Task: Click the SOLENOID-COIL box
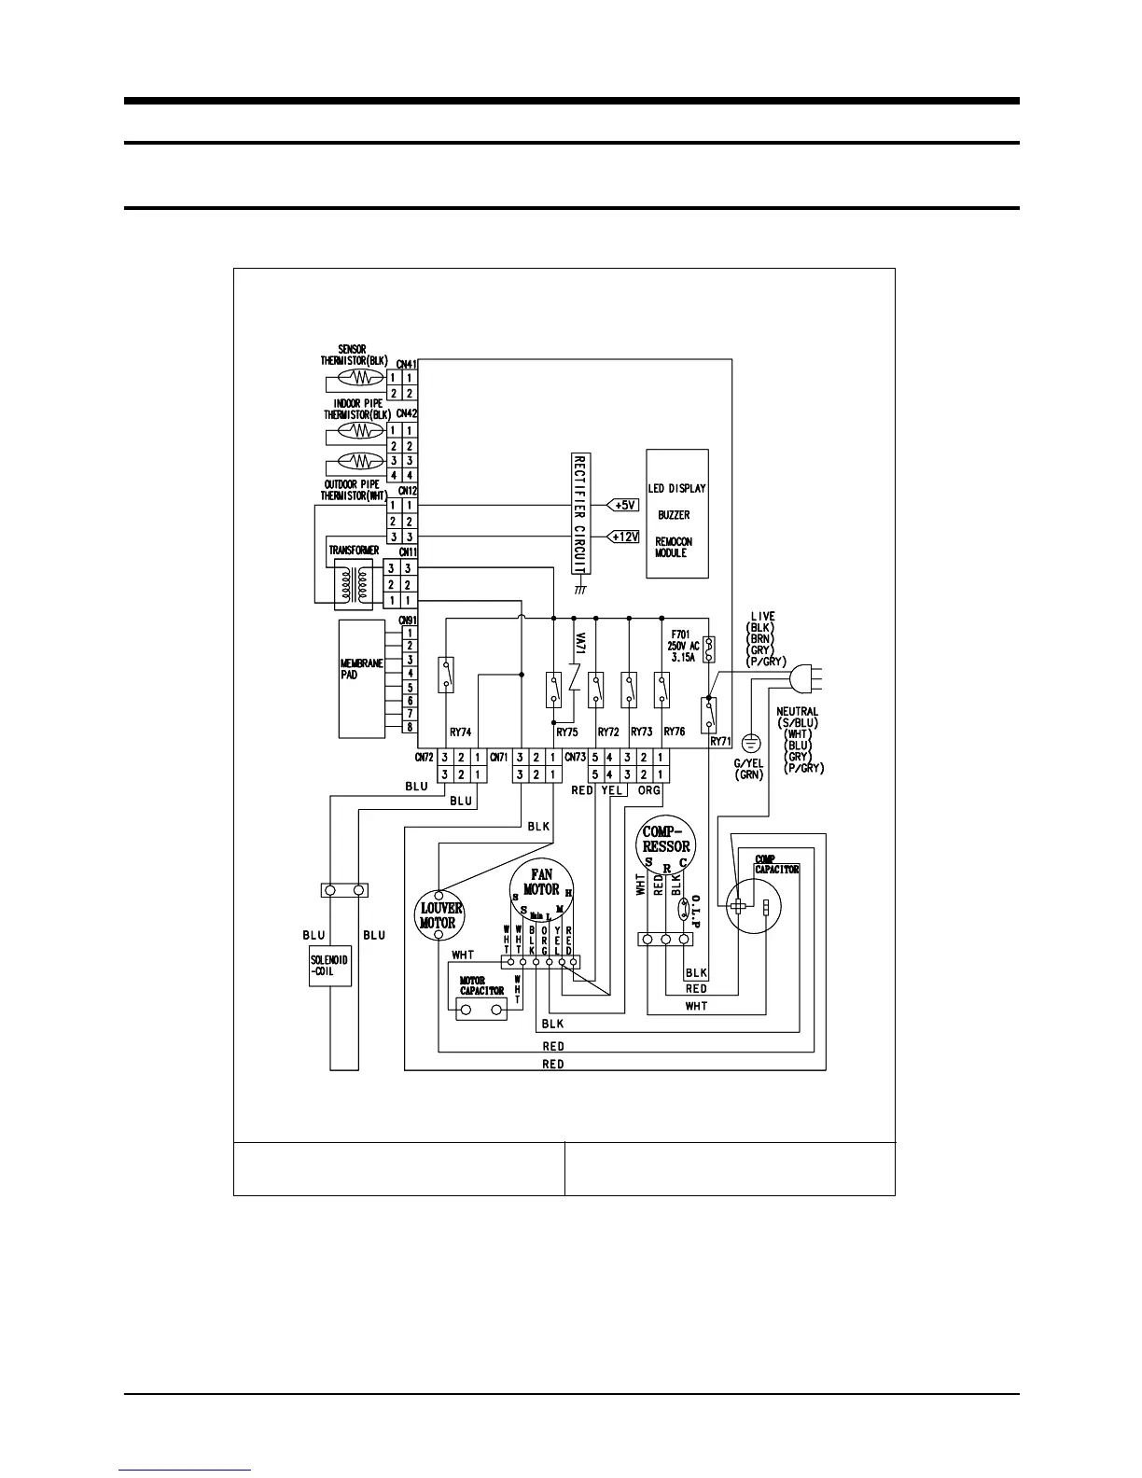coord(330,966)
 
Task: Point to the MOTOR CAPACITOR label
coord(481,985)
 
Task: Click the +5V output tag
coord(623,505)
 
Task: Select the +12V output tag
coord(623,537)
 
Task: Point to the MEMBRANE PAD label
coord(362,669)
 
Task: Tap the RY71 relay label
coord(720,741)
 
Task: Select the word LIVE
coord(762,618)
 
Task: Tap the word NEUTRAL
coord(797,712)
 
